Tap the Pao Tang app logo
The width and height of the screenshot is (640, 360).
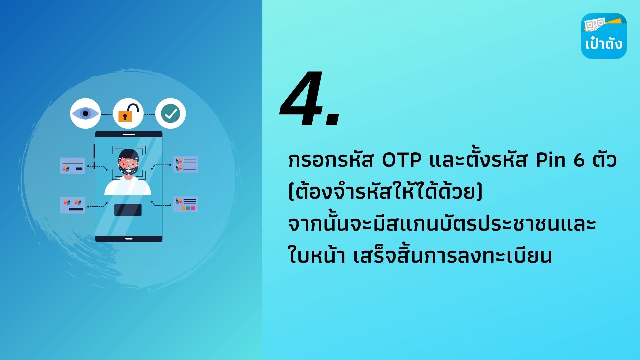click(604, 36)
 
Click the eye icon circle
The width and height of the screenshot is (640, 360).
click(85, 113)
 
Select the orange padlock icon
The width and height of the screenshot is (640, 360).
click(128, 113)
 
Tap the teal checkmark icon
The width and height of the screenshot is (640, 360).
click(171, 113)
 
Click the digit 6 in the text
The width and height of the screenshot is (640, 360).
click(579, 160)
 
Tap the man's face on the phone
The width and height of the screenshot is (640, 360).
click(128, 163)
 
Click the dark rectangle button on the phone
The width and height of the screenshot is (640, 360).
click(128, 210)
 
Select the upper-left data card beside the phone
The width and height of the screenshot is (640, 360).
click(73, 166)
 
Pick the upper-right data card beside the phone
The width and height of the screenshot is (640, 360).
click(186, 164)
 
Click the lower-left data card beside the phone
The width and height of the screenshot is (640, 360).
click(73, 205)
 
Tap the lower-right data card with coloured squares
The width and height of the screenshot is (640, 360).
click(186, 204)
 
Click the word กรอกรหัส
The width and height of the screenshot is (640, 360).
click(331, 160)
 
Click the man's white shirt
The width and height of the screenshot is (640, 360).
click(128, 187)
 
